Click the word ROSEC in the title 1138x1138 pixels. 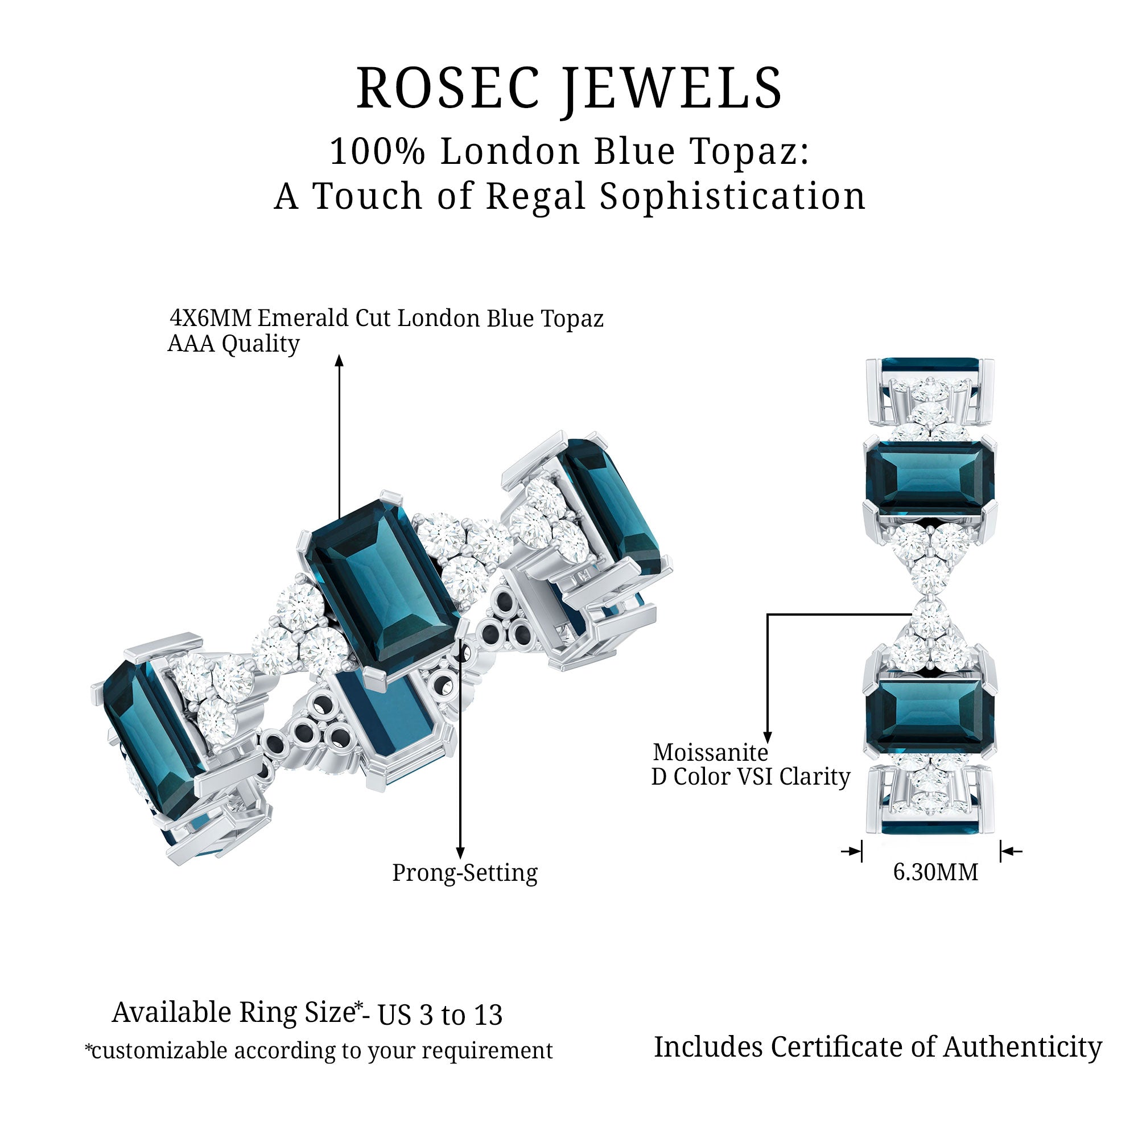point(448,88)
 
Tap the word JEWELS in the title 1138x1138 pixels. point(671,88)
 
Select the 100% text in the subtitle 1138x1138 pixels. point(378,151)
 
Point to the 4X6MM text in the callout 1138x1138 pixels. point(212,318)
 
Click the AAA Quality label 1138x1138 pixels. point(234,344)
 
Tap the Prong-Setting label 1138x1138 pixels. point(465,872)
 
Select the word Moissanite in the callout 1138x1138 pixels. point(710,752)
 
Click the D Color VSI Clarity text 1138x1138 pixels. point(751,777)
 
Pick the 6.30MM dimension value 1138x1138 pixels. point(935,872)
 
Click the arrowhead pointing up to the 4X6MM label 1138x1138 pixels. point(339,360)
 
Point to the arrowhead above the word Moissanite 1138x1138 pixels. point(767,737)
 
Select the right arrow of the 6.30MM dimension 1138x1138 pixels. point(1011,851)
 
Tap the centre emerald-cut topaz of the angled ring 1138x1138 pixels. point(384,589)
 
